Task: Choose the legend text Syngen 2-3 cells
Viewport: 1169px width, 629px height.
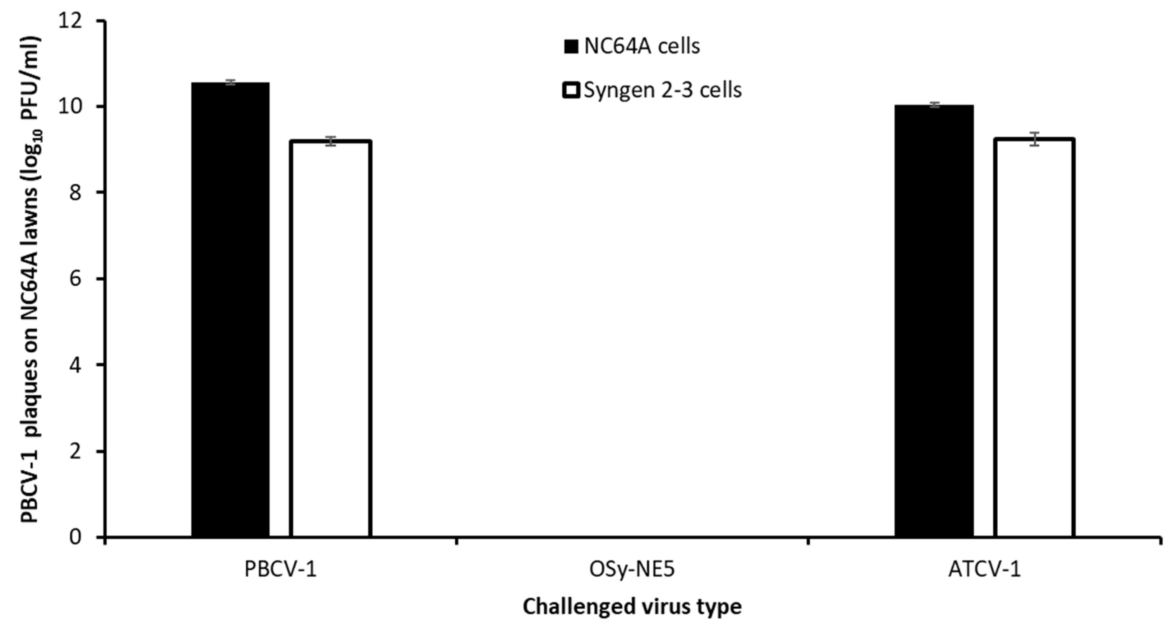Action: pos(663,90)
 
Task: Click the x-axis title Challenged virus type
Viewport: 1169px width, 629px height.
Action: pos(632,607)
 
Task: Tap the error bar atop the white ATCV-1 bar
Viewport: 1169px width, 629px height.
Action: pos(1035,139)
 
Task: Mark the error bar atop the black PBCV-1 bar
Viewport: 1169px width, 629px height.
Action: pos(230,82)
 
